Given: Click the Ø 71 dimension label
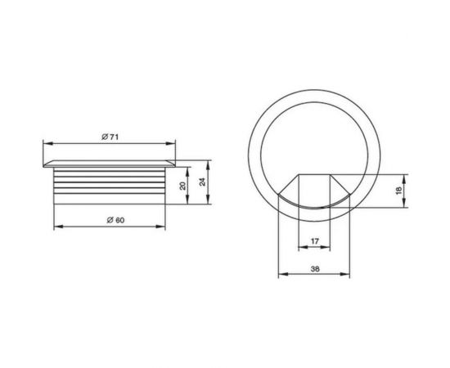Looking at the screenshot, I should tap(111, 137).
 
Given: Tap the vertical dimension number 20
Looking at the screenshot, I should tap(183, 185).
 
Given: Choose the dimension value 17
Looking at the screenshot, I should tap(315, 241).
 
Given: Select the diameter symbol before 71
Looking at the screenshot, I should tap(105, 137).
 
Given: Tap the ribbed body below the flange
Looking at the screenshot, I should tap(110, 185).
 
